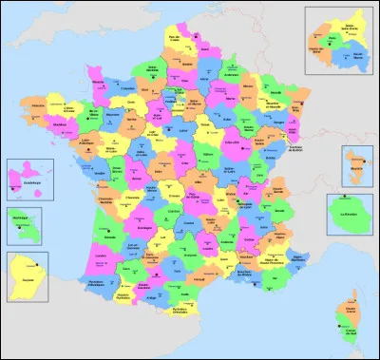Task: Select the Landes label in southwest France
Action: pyautogui.click(x=102, y=257)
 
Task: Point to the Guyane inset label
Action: pyautogui.click(x=26, y=282)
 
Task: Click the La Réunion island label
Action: pyautogui.click(x=353, y=216)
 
